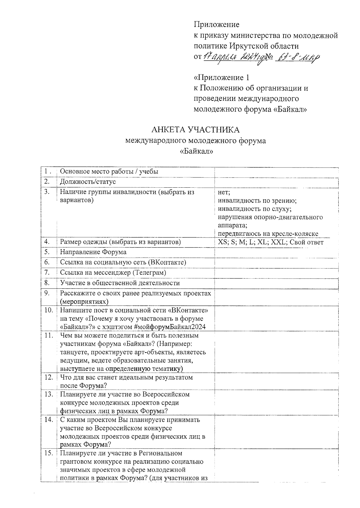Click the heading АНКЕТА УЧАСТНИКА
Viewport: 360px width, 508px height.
point(195,130)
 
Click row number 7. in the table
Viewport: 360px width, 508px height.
point(47,272)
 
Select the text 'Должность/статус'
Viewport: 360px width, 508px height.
point(88,182)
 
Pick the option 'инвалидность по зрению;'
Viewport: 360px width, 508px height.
point(257,200)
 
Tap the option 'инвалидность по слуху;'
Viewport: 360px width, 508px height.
point(255,209)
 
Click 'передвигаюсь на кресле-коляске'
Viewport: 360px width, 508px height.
point(268,234)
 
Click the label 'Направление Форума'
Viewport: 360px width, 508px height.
point(93,252)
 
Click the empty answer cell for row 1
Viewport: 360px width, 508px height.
point(276,171)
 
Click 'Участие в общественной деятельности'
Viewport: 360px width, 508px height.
point(120,283)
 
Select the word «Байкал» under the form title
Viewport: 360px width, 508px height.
point(196,152)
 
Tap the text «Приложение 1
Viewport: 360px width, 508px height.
point(221,78)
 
